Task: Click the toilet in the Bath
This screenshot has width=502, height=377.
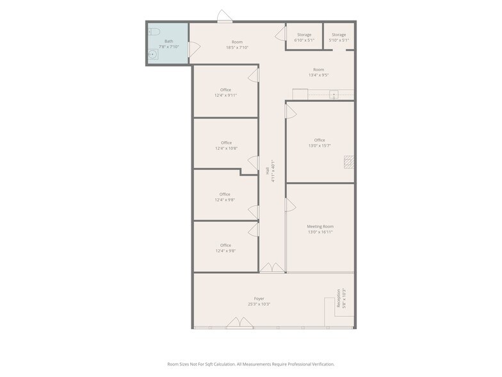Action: pos(154,31)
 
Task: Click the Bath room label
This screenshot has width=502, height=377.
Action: pos(168,44)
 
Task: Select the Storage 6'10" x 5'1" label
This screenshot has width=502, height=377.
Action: pos(304,37)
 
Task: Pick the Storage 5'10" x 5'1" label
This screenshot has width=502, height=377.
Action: pos(339,37)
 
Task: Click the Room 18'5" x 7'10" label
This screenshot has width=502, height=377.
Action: pos(237,44)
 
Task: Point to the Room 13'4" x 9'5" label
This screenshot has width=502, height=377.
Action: pos(318,72)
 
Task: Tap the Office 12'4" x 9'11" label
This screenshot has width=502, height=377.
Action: pos(225,92)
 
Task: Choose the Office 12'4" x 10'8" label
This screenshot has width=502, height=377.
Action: pos(225,146)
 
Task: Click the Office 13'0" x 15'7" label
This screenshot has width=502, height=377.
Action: pos(320,143)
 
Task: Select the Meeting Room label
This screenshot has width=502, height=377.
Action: pos(320,229)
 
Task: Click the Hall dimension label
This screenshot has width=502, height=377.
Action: pos(270,171)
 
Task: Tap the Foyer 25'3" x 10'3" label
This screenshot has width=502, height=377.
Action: pos(259,301)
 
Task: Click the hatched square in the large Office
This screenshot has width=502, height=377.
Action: pos(348,162)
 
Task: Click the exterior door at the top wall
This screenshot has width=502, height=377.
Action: pos(224,17)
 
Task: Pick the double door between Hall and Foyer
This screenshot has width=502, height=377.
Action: pos(271,267)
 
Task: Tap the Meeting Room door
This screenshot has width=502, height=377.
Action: pos(290,205)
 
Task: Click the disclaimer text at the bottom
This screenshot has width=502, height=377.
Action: pos(251,364)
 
